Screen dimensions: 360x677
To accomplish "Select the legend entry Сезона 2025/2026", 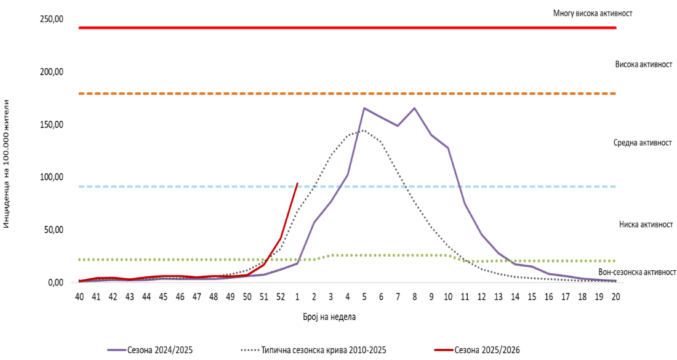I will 487,350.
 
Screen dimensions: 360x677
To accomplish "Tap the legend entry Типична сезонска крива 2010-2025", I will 323,350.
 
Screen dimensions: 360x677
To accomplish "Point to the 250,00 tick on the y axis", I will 52,19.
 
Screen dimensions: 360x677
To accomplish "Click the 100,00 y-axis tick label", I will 52,177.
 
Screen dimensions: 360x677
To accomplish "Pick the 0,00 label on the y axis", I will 55,283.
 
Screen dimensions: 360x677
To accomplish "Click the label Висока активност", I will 643,65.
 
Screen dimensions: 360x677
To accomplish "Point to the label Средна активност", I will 642,143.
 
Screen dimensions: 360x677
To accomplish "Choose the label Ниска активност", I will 646,225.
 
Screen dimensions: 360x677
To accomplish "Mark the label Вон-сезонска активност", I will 637,272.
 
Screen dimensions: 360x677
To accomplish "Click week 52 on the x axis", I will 281,297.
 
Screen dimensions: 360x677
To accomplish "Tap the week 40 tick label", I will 79,297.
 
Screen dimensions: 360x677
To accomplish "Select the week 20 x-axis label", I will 615,297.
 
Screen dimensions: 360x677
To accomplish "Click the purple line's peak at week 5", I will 364,108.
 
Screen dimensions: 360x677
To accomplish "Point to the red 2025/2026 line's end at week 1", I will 297,183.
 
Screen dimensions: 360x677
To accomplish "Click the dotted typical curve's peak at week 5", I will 364,130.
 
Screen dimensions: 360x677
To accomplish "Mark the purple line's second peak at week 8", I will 414,108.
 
